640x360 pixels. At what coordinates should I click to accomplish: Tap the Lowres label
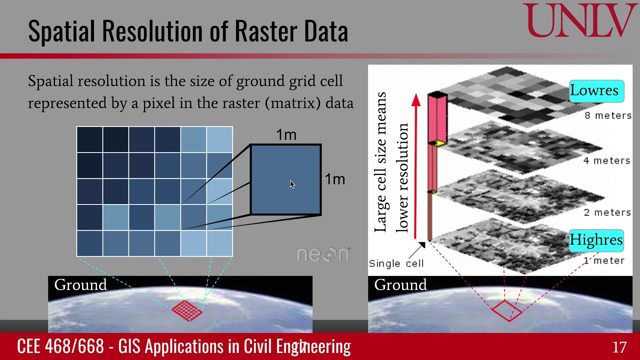tap(594, 91)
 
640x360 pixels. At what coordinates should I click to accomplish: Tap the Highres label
tap(596, 240)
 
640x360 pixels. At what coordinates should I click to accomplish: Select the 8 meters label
tap(607, 115)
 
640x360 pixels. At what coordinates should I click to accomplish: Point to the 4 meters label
tap(606, 160)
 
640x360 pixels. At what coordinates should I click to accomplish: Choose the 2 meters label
tap(607, 212)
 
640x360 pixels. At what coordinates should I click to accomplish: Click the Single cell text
tap(396, 263)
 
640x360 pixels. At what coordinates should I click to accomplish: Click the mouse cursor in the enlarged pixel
tap(292, 184)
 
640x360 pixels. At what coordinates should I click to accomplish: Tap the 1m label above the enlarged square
tap(286, 135)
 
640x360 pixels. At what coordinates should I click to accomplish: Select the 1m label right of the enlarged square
tap(334, 179)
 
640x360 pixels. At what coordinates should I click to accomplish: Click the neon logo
tap(323, 254)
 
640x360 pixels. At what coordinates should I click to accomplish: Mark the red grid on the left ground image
tap(187, 310)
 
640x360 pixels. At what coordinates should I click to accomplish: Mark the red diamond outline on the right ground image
tap(506, 310)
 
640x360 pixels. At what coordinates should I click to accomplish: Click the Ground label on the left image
tap(80, 285)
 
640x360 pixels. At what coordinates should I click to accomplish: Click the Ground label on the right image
tap(400, 285)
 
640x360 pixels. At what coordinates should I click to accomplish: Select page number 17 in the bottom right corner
tap(619, 347)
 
